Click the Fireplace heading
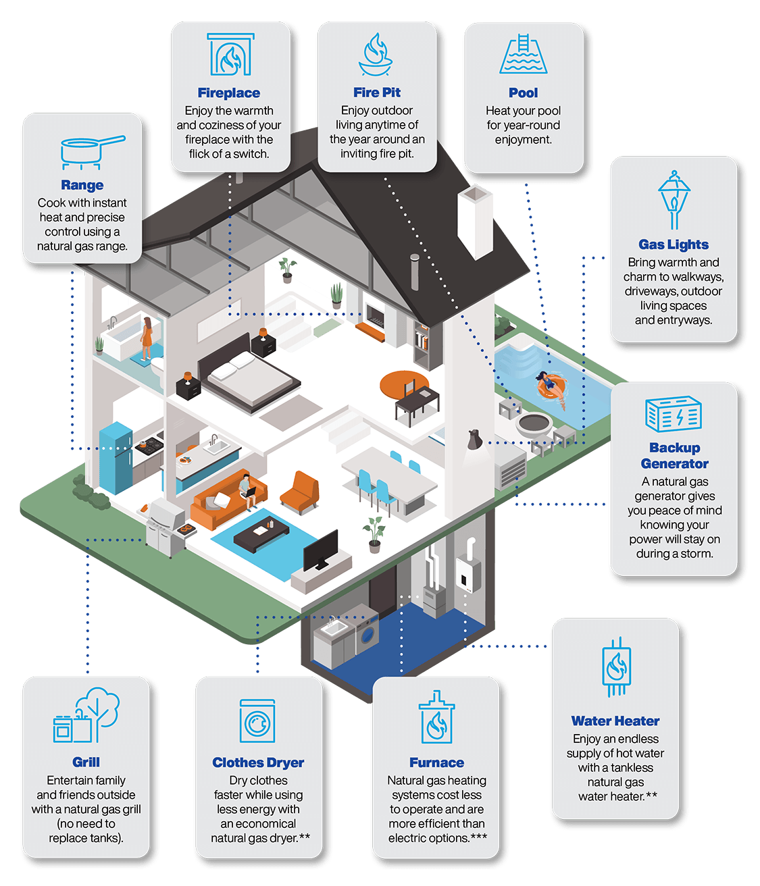point(229,93)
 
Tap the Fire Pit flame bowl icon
point(376,56)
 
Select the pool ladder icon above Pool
point(524,55)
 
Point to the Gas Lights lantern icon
point(674,200)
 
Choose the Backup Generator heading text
point(674,456)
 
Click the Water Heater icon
point(616,668)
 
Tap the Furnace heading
point(436,762)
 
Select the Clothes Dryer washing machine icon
point(257,721)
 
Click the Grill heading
point(86,762)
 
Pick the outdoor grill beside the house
point(166,527)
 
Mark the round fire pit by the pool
point(534,426)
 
